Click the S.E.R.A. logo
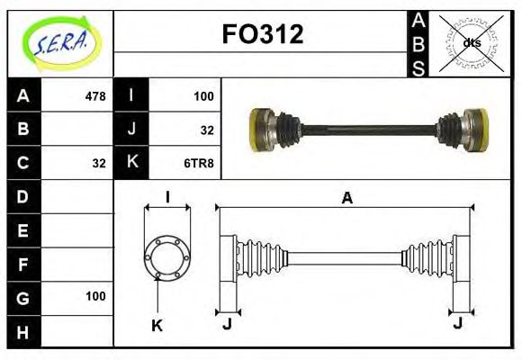pos(59,42)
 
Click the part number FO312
pos(262,35)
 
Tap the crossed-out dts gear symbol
pos(471,42)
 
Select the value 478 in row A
pos(94,95)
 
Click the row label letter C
pos(23,163)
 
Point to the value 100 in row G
pos(95,296)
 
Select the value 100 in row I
pos(202,95)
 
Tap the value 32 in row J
pos(207,130)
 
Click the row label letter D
pos(23,196)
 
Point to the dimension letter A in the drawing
pos(346,199)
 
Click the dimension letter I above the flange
pos(167,198)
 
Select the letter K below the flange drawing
pos(157,326)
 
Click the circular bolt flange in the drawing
pos(167,257)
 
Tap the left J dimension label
pos(227,323)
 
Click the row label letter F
pos(23,264)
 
